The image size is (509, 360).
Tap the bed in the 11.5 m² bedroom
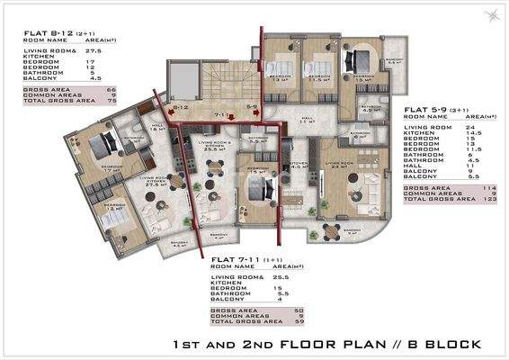pyautogui.click(x=315, y=67)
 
